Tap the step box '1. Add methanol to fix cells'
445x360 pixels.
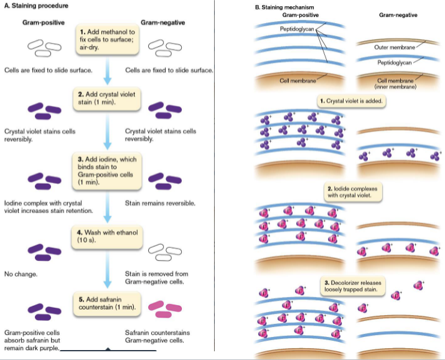click(107, 39)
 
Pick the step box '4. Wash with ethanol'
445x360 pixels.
click(107, 236)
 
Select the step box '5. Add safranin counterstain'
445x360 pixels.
click(107, 303)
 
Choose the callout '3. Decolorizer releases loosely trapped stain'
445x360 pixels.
click(351, 286)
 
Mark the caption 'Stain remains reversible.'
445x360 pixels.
click(161, 203)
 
